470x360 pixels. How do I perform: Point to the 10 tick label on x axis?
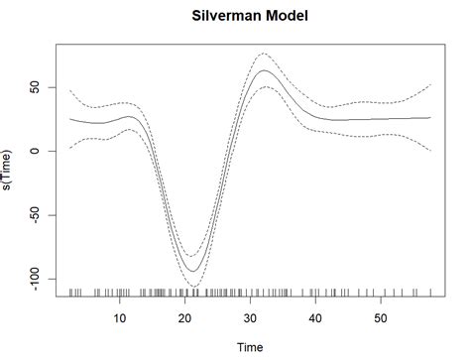pyautogui.click(x=120, y=318)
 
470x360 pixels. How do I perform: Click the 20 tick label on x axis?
pyautogui.click(x=185, y=318)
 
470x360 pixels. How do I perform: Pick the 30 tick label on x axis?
pyautogui.click(x=251, y=318)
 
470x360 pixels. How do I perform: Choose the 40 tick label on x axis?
pyautogui.click(x=316, y=318)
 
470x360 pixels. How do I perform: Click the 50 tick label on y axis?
pyautogui.click(x=37, y=87)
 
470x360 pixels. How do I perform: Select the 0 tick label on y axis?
pyautogui.click(x=37, y=151)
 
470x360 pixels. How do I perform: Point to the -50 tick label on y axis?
pyautogui.click(x=37, y=214)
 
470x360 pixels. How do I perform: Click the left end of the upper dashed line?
pyautogui.click(x=70, y=90)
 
